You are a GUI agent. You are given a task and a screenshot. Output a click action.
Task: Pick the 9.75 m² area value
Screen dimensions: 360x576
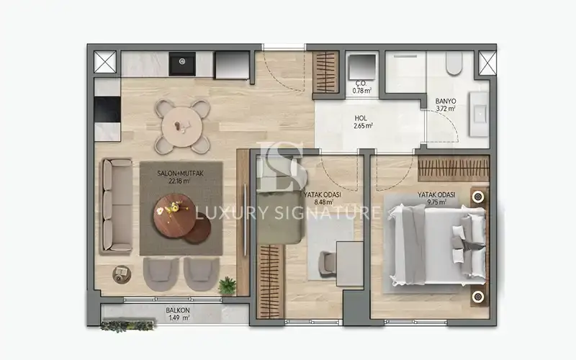436,203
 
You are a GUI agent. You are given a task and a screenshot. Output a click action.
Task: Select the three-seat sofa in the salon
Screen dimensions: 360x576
117,205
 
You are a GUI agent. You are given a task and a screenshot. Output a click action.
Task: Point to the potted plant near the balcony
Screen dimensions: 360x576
228,285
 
